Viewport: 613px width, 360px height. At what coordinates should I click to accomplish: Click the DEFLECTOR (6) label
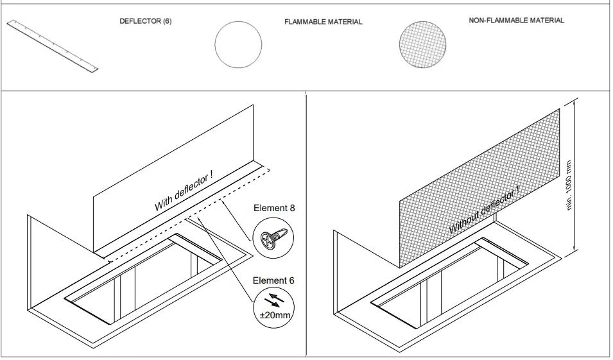pyautogui.click(x=146, y=21)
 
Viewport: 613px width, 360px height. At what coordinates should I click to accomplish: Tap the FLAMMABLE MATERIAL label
pyautogui.click(x=323, y=22)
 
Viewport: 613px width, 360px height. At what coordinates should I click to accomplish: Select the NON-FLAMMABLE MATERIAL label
pyautogui.click(x=517, y=21)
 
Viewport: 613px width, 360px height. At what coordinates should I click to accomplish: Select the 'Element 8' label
pyautogui.click(x=274, y=208)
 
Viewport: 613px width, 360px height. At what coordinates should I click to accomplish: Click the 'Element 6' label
pyautogui.click(x=274, y=280)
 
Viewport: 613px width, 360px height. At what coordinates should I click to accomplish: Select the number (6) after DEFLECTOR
pyautogui.click(x=166, y=21)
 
